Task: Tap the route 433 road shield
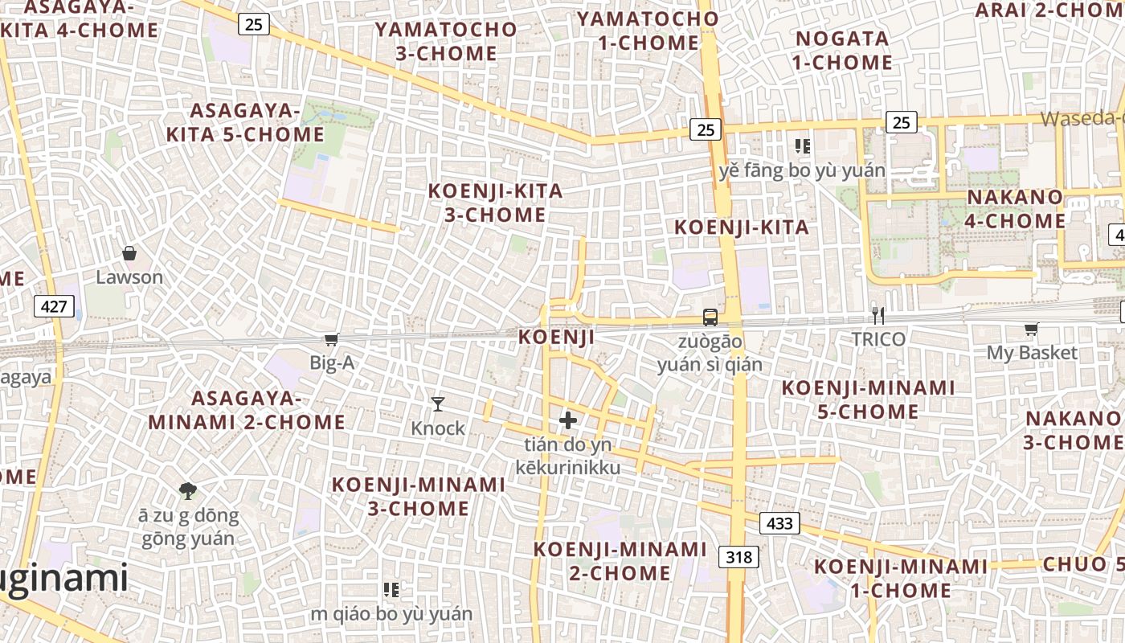pyautogui.click(x=779, y=524)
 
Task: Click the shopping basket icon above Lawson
pyautogui.click(x=129, y=254)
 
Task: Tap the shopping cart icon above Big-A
pyautogui.click(x=331, y=340)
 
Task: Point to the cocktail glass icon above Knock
pyautogui.click(x=438, y=403)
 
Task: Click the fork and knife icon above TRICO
pyautogui.click(x=878, y=316)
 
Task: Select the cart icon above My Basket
pyautogui.click(x=1031, y=330)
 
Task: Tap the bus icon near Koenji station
pyautogui.click(x=710, y=317)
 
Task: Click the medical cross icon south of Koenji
pyautogui.click(x=568, y=420)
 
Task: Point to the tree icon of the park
pyautogui.click(x=188, y=490)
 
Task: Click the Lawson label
pyautogui.click(x=129, y=277)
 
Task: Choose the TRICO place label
pyautogui.click(x=878, y=339)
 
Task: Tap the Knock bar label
pyautogui.click(x=438, y=428)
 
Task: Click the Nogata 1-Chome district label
pyautogui.click(x=842, y=51)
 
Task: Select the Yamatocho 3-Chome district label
pyautogui.click(x=447, y=42)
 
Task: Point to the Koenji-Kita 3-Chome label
pyautogui.click(x=495, y=203)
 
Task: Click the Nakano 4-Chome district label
pyautogui.click(x=1016, y=209)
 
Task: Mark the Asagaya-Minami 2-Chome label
pyautogui.click(x=247, y=411)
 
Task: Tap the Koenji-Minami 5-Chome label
pyautogui.click(x=868, y=400)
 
